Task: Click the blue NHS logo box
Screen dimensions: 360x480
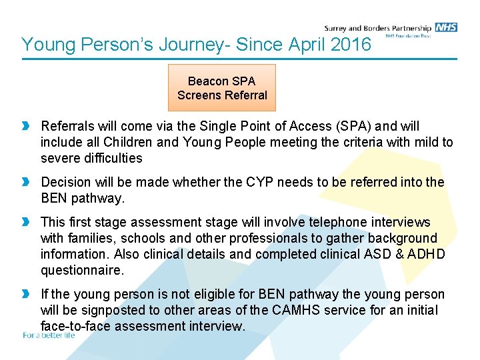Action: pos(446,27)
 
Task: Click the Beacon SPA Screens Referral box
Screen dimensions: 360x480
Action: pos(222,88)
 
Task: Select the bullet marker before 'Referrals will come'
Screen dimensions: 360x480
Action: pos(27,126)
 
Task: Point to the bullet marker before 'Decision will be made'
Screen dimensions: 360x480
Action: pos(27,183)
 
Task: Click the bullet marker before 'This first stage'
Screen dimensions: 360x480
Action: pos(27,222)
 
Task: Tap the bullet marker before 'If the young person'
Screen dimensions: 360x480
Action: pos(27,295)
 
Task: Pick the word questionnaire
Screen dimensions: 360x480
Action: pos(82,270)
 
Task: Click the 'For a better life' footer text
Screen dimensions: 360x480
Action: pos(49,335)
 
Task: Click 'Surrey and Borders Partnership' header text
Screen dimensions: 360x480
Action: pos(377,28)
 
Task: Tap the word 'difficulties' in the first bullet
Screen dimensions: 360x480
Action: pos(109,158)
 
